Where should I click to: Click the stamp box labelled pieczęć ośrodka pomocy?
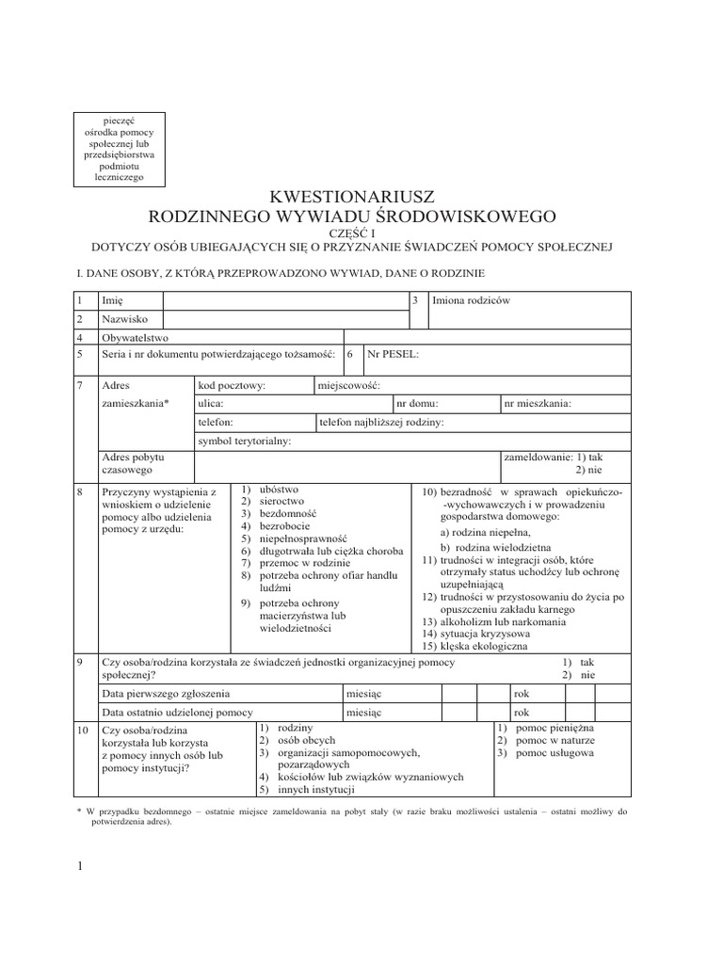click(x=120, y=149)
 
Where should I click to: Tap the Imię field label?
click(x=112, y=300)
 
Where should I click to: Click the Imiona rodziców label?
click(x=471, y=300)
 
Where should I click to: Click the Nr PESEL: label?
click(x=394, y=354)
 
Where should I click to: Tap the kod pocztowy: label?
click(x=232, y=385)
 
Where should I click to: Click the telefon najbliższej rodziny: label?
click(x=381, y=423)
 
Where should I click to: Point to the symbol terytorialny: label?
click(x=244, y=441)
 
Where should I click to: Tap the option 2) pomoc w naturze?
click(x=546, y=742)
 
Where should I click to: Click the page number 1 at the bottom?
click(x=81, y=867)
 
